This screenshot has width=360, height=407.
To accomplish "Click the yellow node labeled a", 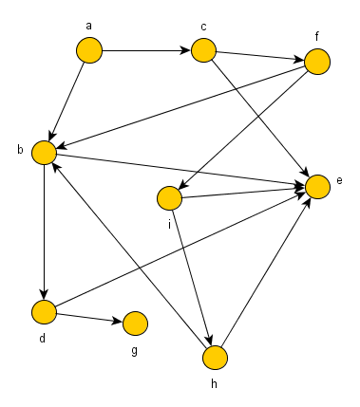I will coord(88,49).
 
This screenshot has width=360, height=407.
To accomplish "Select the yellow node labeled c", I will coord(202,50).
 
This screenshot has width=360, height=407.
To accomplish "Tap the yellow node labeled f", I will coord(316,62).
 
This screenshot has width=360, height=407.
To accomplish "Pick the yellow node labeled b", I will coord(43,152).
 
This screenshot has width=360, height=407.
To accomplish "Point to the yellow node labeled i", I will coord(168,198).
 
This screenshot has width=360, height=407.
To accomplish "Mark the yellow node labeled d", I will coord(43,310).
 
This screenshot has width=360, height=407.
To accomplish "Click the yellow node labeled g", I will coord(134,324).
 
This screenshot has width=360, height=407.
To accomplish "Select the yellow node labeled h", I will coord(216,357).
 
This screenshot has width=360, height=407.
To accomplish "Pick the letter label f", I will coord(318,36).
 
